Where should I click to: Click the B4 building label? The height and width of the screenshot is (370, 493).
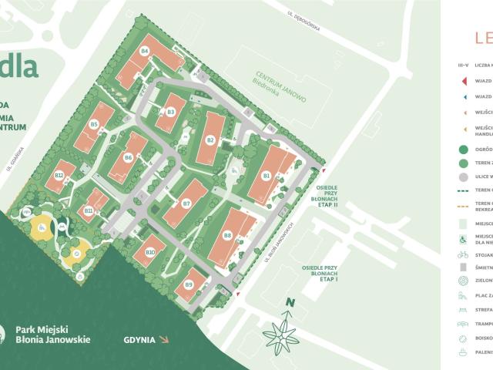(x=144, y=51)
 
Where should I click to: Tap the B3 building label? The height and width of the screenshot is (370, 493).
(x=171, y=113)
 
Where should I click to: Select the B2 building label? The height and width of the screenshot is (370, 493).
(x=210, y=140)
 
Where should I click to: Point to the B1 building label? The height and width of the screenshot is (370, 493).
(x=266, y=176)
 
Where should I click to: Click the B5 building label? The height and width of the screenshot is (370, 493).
(x=94, y=124)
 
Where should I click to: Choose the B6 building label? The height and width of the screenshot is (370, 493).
(x=128, y=157)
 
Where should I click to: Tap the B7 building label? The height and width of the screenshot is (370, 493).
(x=186, y=203)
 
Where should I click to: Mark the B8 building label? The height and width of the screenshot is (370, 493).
(x=227, y=236)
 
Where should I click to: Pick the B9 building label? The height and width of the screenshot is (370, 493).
(x=189, y=284)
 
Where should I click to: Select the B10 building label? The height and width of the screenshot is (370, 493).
(x=150, y=253)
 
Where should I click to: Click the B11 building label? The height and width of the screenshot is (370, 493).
(x=89, y=210)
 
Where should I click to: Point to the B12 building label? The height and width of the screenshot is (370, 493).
(x=59, y=176)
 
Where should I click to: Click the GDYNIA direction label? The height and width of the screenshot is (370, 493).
(x=139, y=339)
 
